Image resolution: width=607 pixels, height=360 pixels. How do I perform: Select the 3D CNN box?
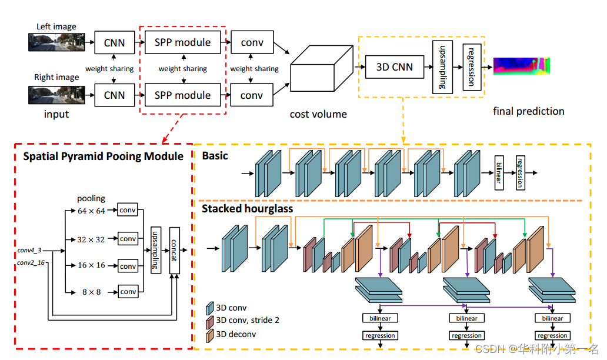[x=395, y=67]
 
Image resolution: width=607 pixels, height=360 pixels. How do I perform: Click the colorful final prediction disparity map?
[x=522, y=66]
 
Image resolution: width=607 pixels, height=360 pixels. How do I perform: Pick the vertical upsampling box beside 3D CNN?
[x=442, y=66]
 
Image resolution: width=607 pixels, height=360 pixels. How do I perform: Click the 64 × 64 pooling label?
[x=91, y=211]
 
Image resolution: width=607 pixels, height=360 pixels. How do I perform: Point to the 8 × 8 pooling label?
[x=91, y=292]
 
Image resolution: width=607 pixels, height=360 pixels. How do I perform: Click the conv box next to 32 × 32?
[x=128, y=239]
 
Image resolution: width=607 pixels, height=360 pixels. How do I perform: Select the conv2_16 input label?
[x=31, y=262]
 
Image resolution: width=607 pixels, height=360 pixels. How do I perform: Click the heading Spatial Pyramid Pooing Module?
[x=103, y=156]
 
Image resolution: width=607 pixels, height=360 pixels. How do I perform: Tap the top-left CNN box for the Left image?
[x=114, y=43]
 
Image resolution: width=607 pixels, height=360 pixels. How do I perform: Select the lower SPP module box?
[x=182, y=95]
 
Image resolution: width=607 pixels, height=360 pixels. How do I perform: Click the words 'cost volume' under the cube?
[x=318, y=114]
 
